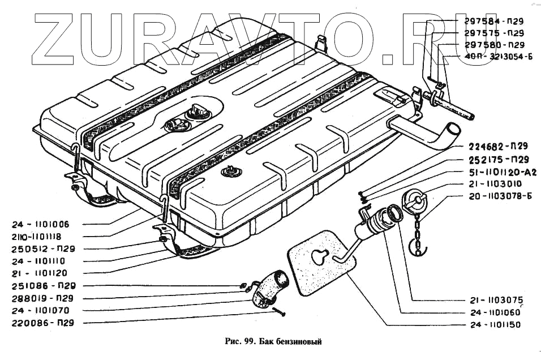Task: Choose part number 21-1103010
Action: click(495, 184)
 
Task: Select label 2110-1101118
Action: click(46, 236)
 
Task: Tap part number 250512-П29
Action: click(46, 248)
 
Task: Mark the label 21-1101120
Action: click(46, 273)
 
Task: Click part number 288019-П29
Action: click(46, 298)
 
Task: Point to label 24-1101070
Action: click(46, 311)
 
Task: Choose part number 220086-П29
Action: click(46, 323)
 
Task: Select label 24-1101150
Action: click(495, 325)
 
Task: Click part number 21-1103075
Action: click(495, 300)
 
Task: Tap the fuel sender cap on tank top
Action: click(201, 110)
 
